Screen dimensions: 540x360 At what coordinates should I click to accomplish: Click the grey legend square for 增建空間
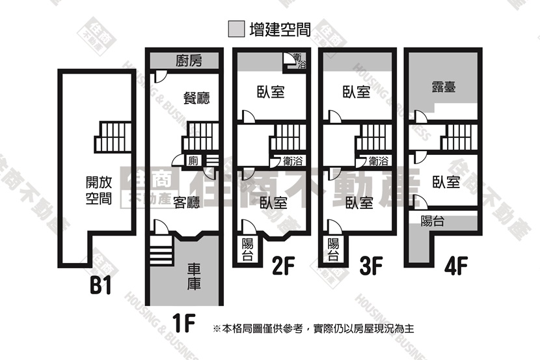[237, 29]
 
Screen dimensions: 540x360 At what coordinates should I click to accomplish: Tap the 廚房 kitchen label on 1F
[189, 61]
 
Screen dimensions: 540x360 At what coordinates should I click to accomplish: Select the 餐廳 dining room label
[196, 98]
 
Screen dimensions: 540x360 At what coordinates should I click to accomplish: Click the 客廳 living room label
[186, 202]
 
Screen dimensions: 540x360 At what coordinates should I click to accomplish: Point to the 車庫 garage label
[194, 277]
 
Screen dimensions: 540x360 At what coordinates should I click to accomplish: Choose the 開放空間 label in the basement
[99, 190]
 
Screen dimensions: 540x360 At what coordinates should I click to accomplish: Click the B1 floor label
[101, 285]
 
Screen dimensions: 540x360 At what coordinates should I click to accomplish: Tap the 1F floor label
[183, 322]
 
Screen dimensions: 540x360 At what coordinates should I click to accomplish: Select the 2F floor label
[284, 266]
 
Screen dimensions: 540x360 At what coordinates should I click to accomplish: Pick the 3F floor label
[371, 266]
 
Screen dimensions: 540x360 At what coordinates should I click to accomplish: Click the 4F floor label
[456, 266]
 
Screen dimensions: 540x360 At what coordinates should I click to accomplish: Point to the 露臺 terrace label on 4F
[444, 87]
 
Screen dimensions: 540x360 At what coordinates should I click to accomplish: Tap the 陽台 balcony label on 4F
[433, 221]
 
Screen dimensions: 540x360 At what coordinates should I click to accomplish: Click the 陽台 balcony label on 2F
[248, 249]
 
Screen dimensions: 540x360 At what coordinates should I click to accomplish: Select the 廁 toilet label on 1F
[193, 161]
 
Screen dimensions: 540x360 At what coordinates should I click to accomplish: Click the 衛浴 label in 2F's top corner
[299, 61]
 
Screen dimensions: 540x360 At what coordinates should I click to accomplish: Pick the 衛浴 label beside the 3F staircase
[379, 161]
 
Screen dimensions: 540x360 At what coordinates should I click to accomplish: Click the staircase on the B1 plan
[113, 137]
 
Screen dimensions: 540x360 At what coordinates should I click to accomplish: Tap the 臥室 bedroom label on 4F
[446, 182]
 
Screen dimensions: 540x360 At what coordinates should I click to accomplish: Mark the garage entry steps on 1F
[161, 251]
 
